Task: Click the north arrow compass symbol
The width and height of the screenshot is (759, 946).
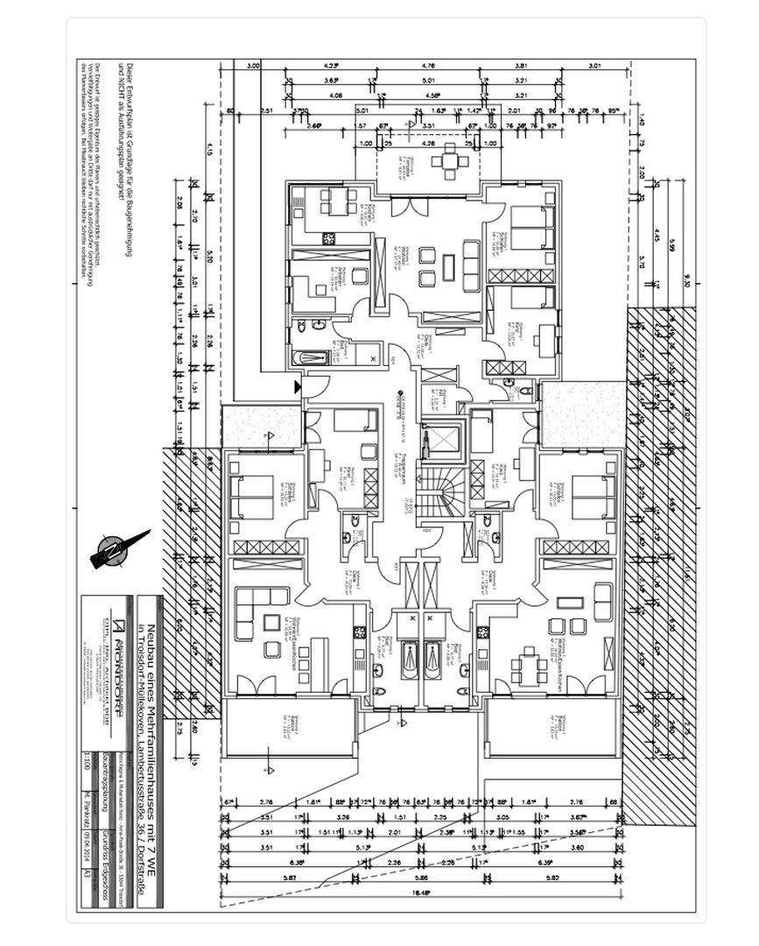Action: [118, 548]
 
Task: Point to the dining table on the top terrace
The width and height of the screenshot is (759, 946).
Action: [450, 159]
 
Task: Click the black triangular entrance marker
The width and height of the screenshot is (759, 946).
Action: [298, 385]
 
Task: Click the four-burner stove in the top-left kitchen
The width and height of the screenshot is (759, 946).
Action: [330, 236]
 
